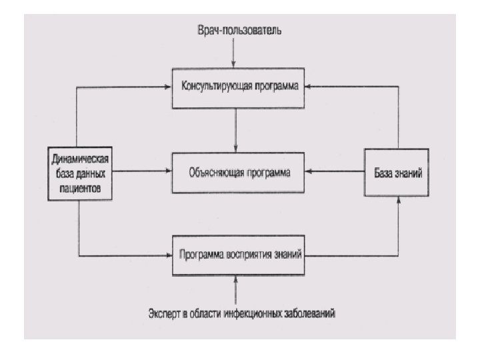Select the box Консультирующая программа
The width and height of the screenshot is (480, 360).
pyautogui.click(x=238, y=87)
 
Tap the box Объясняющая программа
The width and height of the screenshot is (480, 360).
pyautogui.click(x=238, y=171)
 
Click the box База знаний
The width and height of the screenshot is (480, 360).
pyautogui.click(x=396, y=172)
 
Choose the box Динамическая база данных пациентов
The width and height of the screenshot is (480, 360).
pyautogui.click(x=79, y=172)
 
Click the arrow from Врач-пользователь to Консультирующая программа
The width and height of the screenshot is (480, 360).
pyautogui.click(x=234, y=51)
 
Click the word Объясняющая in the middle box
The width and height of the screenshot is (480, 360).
pyautogui.click(x=214, y=171)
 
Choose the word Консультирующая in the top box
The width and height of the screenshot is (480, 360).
pyautogui.click(x=212, y=87)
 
